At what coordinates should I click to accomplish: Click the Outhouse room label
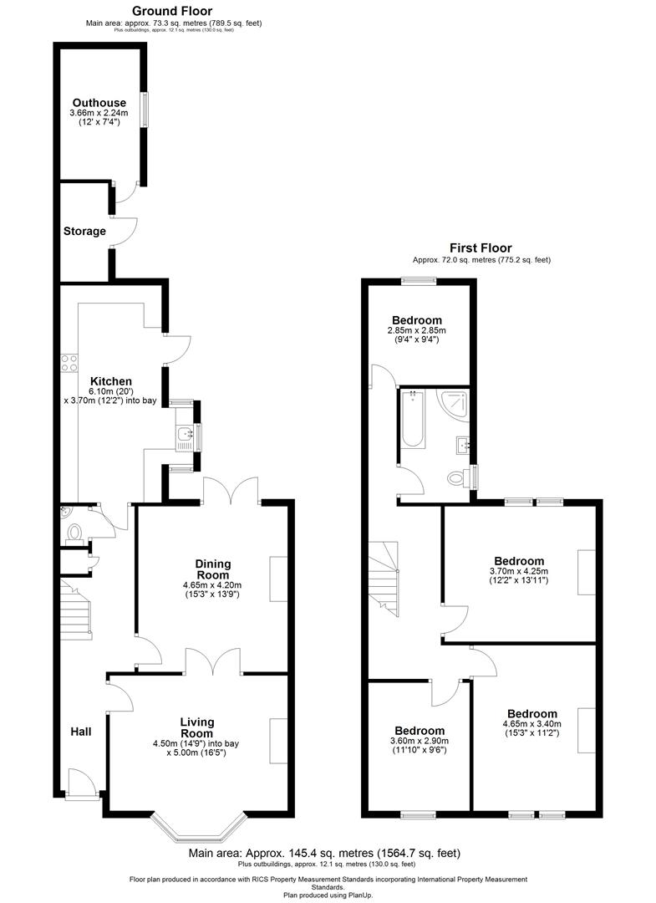click(99, 103)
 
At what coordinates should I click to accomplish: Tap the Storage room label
click(84, 231)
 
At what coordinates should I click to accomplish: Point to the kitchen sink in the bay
click(185, 433)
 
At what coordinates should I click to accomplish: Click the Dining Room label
click(212, 569)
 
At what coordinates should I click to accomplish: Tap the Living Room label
click(197, 727)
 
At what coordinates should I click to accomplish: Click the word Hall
click(81, 732)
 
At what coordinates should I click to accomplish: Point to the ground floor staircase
click(76, 611)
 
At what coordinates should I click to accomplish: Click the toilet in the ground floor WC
click(74, 532)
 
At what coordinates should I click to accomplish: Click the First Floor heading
click(481, 247)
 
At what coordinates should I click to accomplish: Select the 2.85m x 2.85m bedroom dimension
click(416, 330)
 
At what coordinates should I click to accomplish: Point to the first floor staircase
click(382, 577)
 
